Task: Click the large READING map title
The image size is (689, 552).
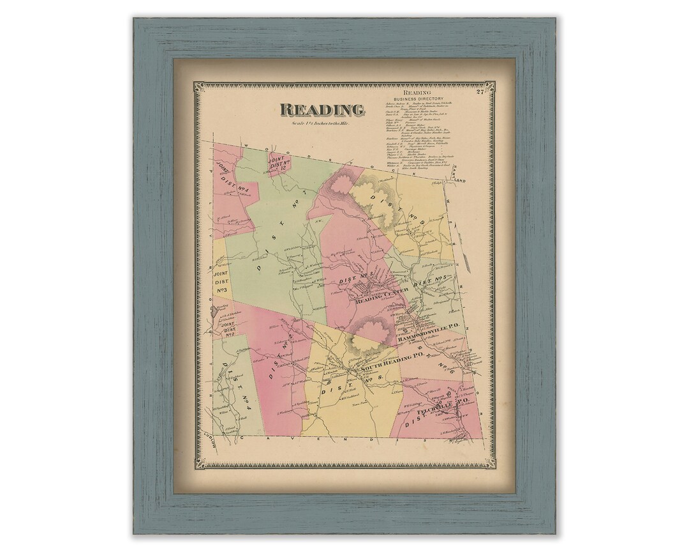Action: click(322, 109)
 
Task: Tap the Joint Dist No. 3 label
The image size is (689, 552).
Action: click(223, 282)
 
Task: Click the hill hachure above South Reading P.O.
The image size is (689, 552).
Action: click(367, 335)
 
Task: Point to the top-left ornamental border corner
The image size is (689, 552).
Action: click(198, 86)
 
